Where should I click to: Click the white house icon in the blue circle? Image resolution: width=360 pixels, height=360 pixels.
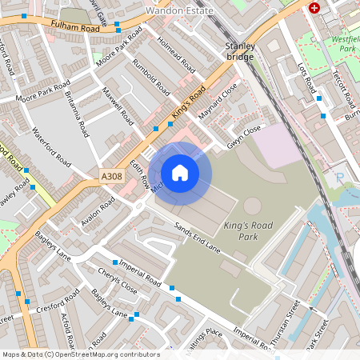click(x=180, y=173)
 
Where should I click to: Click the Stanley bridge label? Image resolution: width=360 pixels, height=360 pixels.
click(x=240, y=51)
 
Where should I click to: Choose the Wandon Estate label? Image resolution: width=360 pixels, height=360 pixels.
click(x=180, y=11)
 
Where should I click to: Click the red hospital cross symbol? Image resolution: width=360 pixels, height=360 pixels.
click(x=314, y=7)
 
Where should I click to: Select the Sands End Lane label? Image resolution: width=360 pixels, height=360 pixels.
click(x=198, y=238)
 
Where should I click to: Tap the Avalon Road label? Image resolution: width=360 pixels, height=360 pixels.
click(x=98, y=211)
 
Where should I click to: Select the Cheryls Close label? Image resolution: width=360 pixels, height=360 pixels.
click(x=117, y=280)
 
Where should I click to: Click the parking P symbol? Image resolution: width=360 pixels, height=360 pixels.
click(x=340, y=178)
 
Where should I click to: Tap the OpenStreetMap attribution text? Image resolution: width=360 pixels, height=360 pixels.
click(x=80, y=354)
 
